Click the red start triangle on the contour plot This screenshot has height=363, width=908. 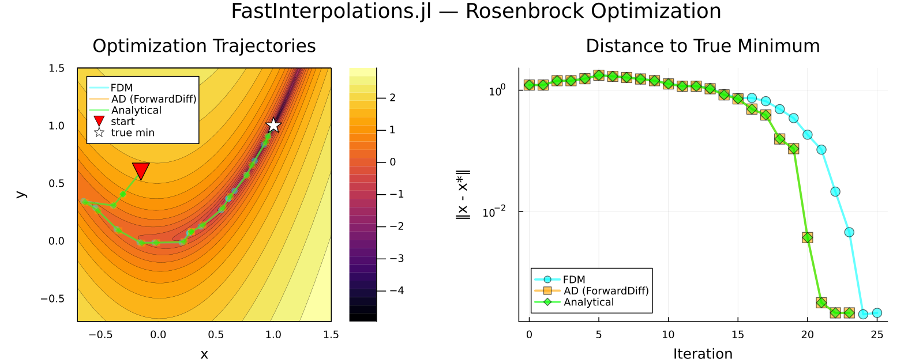pos(141,170)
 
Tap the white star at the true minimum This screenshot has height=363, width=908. pos(273,125)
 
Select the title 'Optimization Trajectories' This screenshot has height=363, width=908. pos(204,46)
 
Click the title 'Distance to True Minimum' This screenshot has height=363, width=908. pos(702,46)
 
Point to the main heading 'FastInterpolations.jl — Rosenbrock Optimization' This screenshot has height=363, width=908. pos(476,12)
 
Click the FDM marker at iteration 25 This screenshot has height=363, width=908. pos(877,313)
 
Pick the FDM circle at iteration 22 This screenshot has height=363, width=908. pos(835,191)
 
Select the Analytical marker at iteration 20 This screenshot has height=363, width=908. pos(807,237)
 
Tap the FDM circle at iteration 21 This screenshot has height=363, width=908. pos(821,149)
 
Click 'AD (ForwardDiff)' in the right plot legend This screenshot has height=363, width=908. pos(606,291)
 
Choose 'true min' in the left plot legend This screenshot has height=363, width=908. pos(133,133)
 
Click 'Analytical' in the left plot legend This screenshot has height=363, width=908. pos(136,110)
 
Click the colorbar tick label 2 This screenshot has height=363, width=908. pos(392,97)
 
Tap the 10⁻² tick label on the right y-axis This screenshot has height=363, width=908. pos(494,212)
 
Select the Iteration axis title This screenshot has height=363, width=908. pos(702,353)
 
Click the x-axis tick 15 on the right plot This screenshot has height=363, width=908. pos(738,335)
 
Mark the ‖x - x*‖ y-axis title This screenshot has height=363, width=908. pos(463,194)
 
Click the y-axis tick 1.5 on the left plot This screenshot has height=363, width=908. pos(57,68)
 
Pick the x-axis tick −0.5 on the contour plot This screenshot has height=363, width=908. pos(100,335)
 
